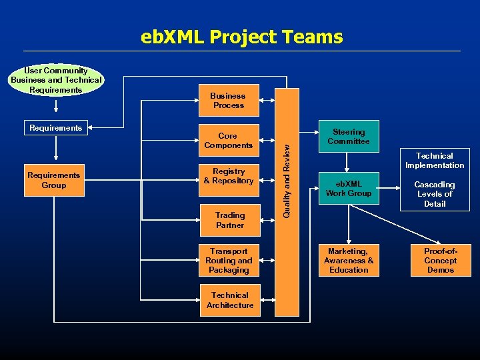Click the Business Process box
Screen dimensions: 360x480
coord(228,100)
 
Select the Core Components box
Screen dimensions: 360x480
coord(228,141)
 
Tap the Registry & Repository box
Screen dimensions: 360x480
coord(228,176)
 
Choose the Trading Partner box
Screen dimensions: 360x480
coord(229,220)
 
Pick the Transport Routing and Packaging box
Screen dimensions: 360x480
coord(228,261)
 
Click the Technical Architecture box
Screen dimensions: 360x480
coord(229,300)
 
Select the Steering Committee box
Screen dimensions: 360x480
coord(348,137)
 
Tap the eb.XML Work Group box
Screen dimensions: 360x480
coord(348,189)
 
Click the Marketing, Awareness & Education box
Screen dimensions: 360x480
coord(348,261)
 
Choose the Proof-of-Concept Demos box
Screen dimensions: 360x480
coord(440,261)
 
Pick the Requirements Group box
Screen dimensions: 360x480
coord(54,180)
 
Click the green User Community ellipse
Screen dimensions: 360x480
coord(56,80)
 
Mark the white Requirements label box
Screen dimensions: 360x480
coord(56,128)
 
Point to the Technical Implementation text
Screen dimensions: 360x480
coord(435,161)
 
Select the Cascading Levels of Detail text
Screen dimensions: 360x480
coord(435,194)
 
